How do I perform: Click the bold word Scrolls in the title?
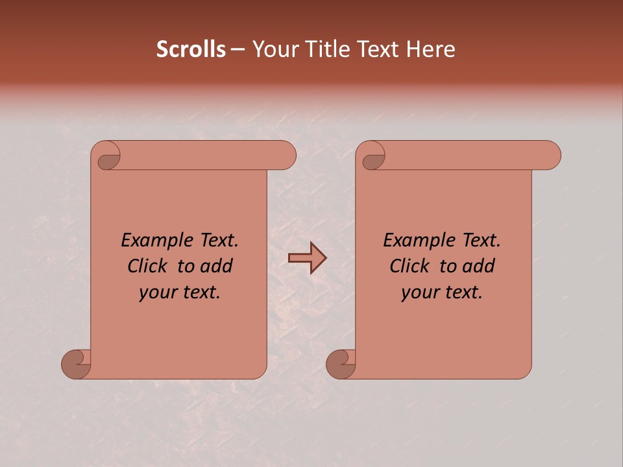[x=191, y=49]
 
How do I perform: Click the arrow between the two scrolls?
[x=307, y=258]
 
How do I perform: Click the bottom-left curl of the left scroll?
[x=77, y=364]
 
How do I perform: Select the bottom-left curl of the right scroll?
[x=341, y=364]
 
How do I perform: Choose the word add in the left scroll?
[x=217, y=266]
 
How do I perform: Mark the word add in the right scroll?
[x=479, y=266]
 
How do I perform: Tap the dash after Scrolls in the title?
[x=238, y=50]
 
